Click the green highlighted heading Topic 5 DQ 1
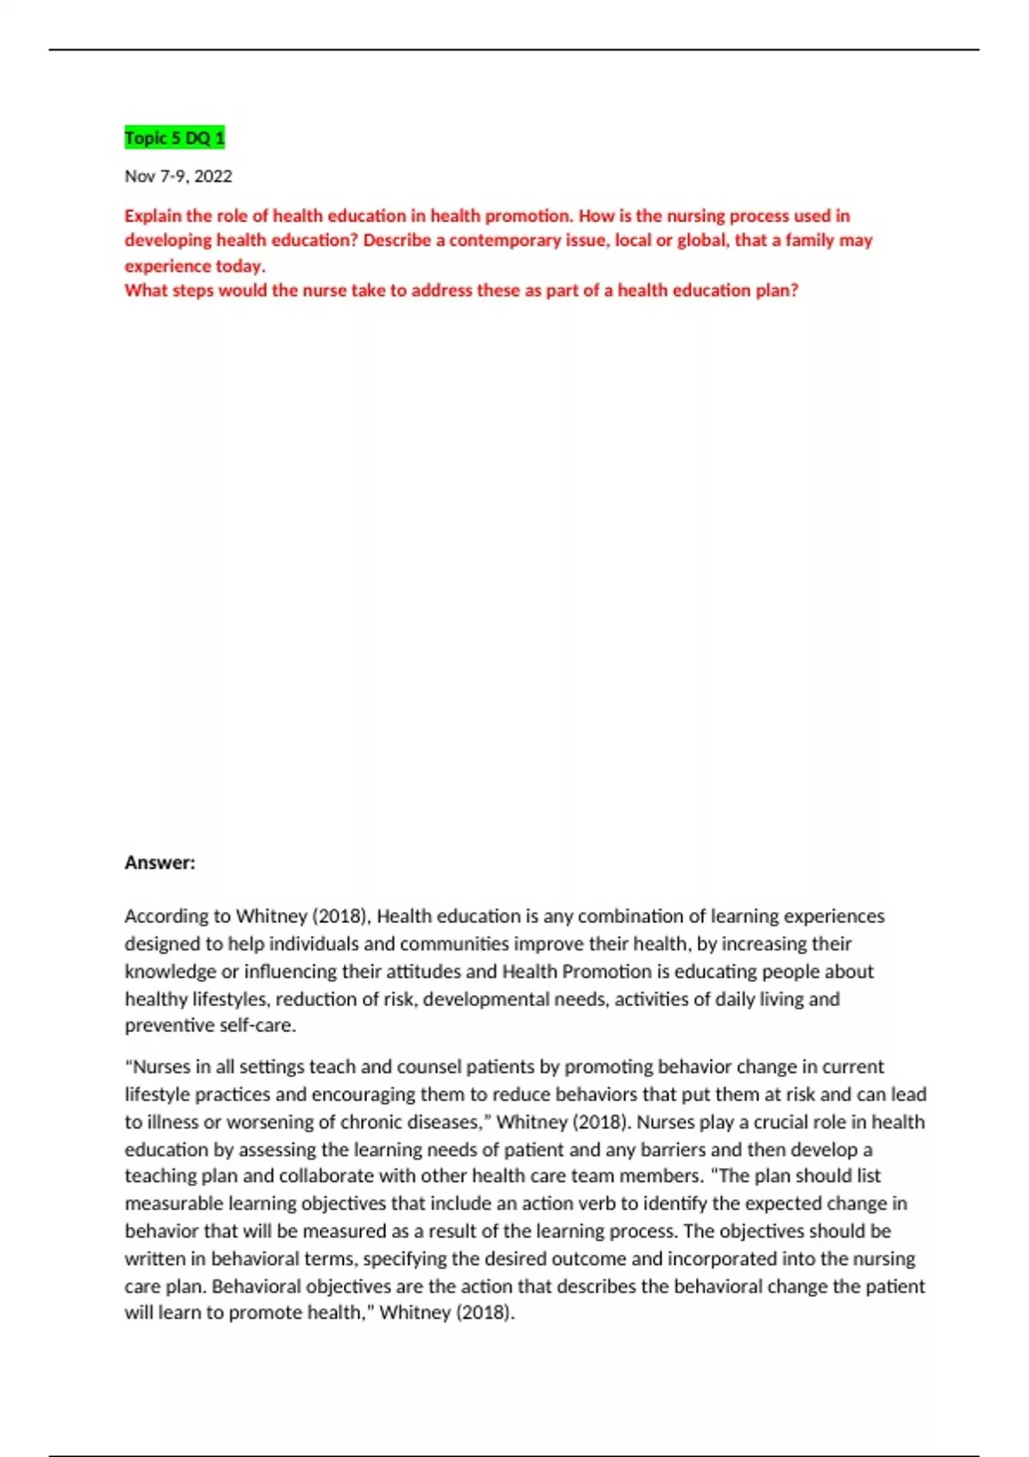point(175,138)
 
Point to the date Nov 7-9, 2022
point(178,177)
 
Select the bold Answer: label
point(159,863)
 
